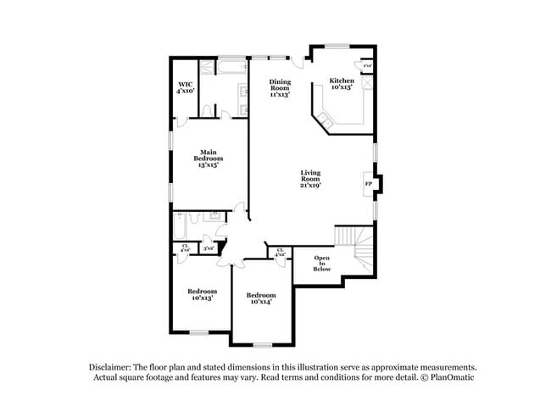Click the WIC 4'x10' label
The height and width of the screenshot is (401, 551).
click(186, 86)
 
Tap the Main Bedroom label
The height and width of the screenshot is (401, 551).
click(209, 158)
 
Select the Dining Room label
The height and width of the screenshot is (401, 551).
click(280, 88)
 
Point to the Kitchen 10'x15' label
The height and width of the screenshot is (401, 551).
click(341, 84)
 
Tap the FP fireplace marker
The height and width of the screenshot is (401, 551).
click(368, 183)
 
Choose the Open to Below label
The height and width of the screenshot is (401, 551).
click(322, 263)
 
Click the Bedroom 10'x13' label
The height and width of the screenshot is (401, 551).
click(201, 294)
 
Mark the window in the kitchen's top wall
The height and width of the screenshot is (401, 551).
click(338, 46)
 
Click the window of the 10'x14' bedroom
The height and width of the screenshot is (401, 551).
click(263, 343)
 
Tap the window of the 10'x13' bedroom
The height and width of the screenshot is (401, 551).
click(198, 332)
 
